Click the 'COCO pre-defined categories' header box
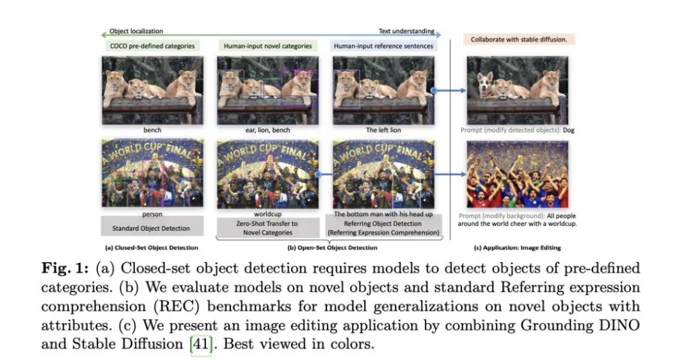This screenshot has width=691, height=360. pyautogui.click(x=152, y=46)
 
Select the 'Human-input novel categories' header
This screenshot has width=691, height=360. pyautogui.click(x=267, y=46)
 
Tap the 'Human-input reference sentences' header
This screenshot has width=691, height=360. pyautogui.click(x=383, y=46)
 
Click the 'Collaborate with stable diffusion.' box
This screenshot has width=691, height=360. pyautogui.click(x=519, y=39)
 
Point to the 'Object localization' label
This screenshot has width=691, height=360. pyautogui.click(x=136, y=31)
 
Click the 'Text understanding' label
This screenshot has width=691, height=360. pyautogui.click(x=406, y=31)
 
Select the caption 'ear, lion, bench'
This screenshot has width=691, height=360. pyautogui.click(x=268, y=130)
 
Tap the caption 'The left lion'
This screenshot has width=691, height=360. pyautogui.click(x=383, y=130)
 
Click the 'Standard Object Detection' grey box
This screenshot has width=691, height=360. pyautogui.click(x=152, y=228)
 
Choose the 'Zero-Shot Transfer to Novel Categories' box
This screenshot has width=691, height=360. pyautogui.click(x=268, y=228)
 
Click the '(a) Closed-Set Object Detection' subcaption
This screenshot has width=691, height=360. pyautogui.click(x=152, y=247)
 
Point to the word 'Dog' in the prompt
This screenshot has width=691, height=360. pyautogui.click(x=569, y=130)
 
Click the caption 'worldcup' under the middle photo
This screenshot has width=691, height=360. pyautogui.click(x=268, y=214)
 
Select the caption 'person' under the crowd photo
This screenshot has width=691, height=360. pyautogui.click(x=152, y=214)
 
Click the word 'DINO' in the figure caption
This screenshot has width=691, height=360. pyautogui.click(x=621, y=325)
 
